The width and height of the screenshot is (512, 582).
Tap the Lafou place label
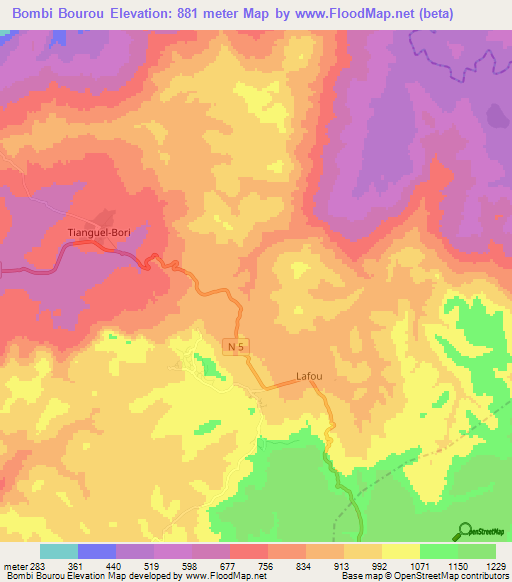pyautogui.click(x=310, y=377)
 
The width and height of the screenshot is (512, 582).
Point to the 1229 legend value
pyautogui.click(x=495, y=567)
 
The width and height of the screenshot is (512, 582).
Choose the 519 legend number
pyautogui.click(x=153, y=567)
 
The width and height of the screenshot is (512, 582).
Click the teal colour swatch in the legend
pyautogui.click(x=59, y=551)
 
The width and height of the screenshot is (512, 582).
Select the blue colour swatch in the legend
pyautogui.click(x=97, y=551)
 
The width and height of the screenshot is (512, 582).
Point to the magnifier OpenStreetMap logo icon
pyautogui.click(x=463, y=531)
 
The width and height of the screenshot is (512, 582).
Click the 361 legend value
pyautogui.click(x=77, y=567)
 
